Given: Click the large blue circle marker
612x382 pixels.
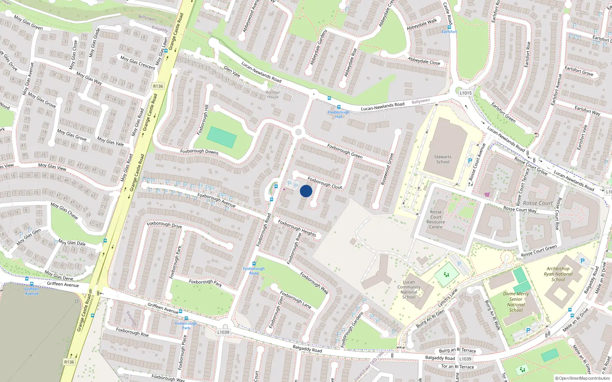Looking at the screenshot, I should tap(306, 191).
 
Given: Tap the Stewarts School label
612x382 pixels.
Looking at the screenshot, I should tap(443, 159).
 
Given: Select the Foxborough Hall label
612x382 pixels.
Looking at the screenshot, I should tap(339, 114).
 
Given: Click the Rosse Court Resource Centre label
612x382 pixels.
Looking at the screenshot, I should tap(436, 219).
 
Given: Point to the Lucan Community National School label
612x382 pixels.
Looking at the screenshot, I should tap(409, 290).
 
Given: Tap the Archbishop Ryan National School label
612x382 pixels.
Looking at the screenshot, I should tap(558, 274).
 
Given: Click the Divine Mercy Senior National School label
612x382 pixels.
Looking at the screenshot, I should tap(516, 302).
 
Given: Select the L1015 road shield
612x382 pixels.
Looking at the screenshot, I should tap(466, 93).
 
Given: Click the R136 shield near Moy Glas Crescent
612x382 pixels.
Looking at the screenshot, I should tap(158, 86).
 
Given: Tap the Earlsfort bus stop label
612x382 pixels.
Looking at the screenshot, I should tap(449, 32).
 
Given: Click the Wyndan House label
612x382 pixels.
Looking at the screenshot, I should tap(273, 94).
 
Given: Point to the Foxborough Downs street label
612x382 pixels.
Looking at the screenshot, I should tap(199, 152).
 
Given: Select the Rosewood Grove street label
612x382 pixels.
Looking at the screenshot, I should tap(387, 169).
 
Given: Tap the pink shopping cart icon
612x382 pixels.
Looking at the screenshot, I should tap(487, 194).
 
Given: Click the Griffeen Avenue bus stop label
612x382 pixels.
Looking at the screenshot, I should tap(32, 291).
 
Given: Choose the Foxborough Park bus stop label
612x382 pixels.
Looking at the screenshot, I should tap(186, 325).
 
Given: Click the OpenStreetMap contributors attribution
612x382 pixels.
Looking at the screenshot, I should tap(582, 378).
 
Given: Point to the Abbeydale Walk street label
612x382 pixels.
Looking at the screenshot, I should tap(422, 24).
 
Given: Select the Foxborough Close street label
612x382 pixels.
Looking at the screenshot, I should tap(325, 183).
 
